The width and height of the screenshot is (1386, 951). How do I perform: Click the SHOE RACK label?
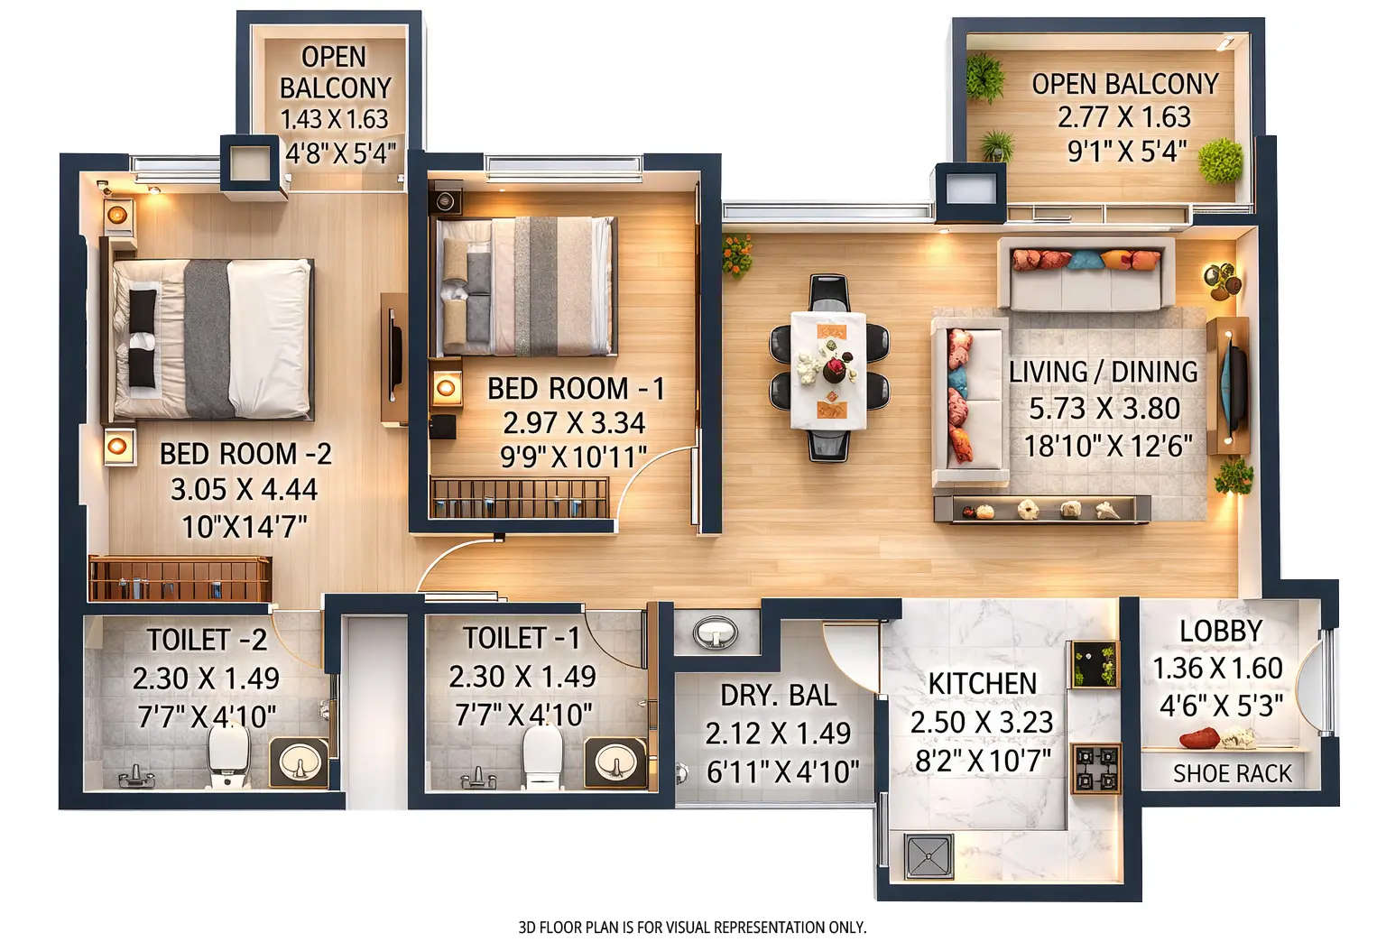(x=1232, y=773)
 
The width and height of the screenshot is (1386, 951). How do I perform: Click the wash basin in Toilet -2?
(x=298, y=763)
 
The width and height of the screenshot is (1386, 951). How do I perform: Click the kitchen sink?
(x=929, y=857)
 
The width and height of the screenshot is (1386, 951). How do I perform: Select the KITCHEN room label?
(x=983, y=683)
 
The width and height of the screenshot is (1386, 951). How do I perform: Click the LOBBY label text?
(x=1221, y=631)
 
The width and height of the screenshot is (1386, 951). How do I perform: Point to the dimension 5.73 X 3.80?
(x=1104, y=409)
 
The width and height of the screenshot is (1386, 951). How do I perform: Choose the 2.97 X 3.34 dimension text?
(x=574, y=422)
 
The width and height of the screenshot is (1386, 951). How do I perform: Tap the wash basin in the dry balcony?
(x=716, y=632)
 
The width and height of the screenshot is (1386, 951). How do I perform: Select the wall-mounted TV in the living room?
(x=1233, y=385)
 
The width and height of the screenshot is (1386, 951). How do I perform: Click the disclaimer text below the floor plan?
(x=692, y=927)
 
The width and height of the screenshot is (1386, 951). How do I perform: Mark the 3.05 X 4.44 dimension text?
(x=244, y=490)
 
